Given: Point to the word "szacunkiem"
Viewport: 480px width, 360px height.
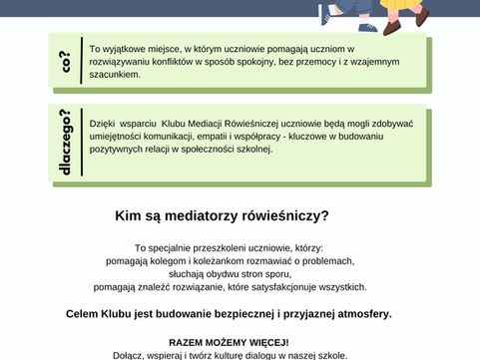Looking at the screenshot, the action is (x=115, y=75).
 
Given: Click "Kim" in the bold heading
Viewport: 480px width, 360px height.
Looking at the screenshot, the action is (x=130, y=214).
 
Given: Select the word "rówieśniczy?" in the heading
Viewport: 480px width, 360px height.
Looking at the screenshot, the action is (x=286, y=214).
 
